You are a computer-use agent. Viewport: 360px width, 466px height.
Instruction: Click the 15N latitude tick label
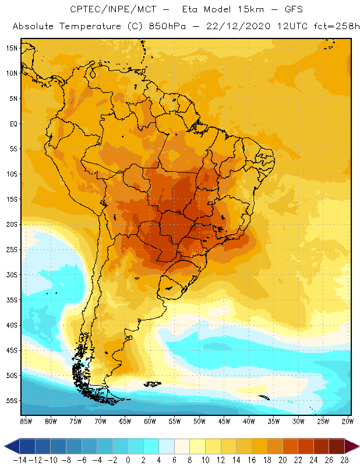click(12, 48)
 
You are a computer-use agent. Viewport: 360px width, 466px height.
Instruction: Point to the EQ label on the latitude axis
click(13, 123)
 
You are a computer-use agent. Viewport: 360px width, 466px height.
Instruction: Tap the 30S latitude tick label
click(12, 274)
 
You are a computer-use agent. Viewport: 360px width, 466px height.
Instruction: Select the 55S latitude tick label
click(12, 401)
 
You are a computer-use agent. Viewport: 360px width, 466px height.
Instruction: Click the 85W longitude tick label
click(26, 421)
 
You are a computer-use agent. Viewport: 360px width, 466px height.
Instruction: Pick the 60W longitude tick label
click(150, 421)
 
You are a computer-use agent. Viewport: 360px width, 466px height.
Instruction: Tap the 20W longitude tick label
click(347, 421)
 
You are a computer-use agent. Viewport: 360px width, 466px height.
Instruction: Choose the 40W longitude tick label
click(249, 421)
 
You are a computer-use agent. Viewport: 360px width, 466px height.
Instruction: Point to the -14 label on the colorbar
click(19, 460)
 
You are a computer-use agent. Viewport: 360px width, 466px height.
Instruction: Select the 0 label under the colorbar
click(128, 460)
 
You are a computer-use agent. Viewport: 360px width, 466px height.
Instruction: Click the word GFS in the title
click(291, 10)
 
